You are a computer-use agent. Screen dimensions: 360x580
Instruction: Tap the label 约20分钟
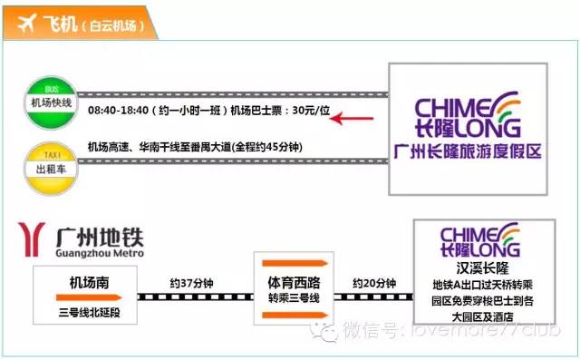click(374, 283)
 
